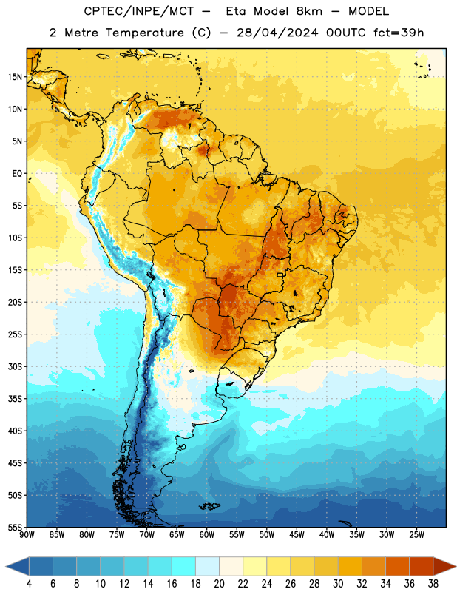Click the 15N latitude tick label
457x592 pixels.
[15, 77]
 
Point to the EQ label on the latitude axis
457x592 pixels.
[17, 174]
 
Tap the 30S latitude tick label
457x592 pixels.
[15, 366]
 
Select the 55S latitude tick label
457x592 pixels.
[15, 527]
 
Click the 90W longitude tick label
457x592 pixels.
[27, 535]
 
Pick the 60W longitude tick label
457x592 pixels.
[207, 535]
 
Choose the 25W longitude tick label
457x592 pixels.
[416, 535]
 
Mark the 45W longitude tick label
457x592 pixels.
[297, 535]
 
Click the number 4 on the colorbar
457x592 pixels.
[29, 584]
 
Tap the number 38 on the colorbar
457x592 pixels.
[433, 584]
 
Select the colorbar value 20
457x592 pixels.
[219, 584]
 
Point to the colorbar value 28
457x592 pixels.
[314, 584]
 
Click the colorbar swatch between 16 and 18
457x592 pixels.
[184, 566]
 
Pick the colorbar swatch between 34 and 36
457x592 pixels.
[397, 566]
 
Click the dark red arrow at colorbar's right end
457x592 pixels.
[444, 566]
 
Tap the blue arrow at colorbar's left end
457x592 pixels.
[17, 566]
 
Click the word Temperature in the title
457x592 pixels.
[144, 33]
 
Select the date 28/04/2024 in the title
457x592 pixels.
[277, 33]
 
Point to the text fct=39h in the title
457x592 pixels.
[399, 33]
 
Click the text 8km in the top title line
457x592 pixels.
[309, 11]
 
